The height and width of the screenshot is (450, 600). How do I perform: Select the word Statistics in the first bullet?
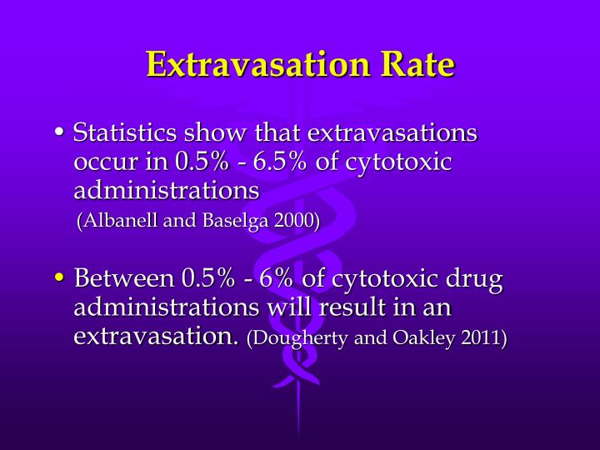click(x=125, y=133)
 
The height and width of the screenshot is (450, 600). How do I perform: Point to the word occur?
click(x=102, y=162)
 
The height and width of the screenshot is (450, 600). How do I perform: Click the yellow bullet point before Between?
click(x=60, y=277)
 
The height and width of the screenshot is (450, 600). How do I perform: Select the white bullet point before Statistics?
click(x=60, y=132)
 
